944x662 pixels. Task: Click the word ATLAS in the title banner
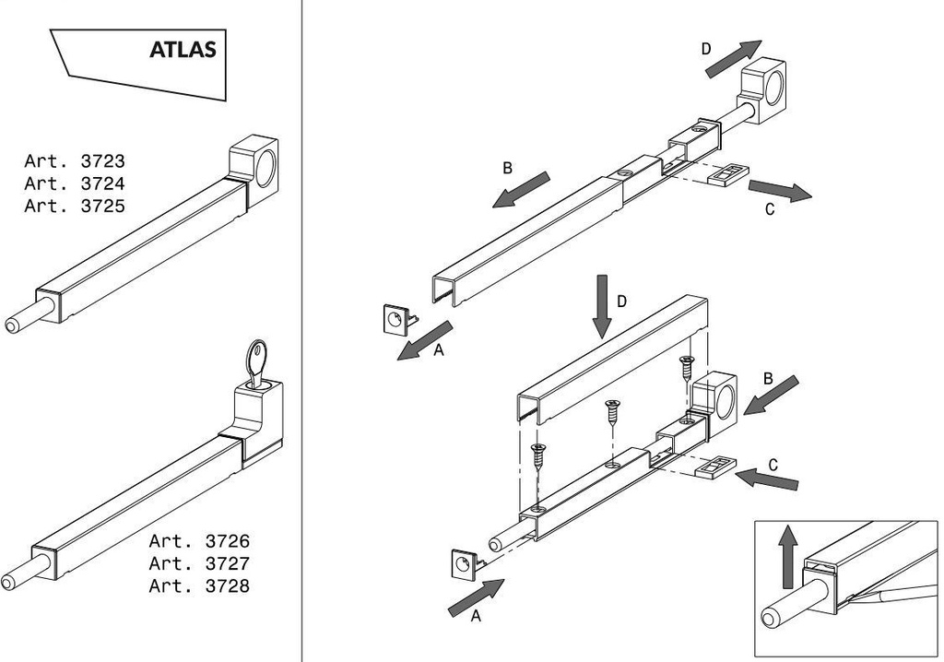point(183,50)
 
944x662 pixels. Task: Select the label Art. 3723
point(75,161)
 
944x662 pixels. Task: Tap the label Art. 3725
point(75,206)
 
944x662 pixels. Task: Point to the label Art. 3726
point(199,541)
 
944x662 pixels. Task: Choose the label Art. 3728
point(199,585)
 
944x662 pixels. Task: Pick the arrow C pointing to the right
point(780,191)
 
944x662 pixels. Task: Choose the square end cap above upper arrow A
point(394,319)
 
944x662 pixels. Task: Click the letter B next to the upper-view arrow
point(507,169)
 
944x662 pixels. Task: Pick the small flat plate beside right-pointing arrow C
point(727,173)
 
